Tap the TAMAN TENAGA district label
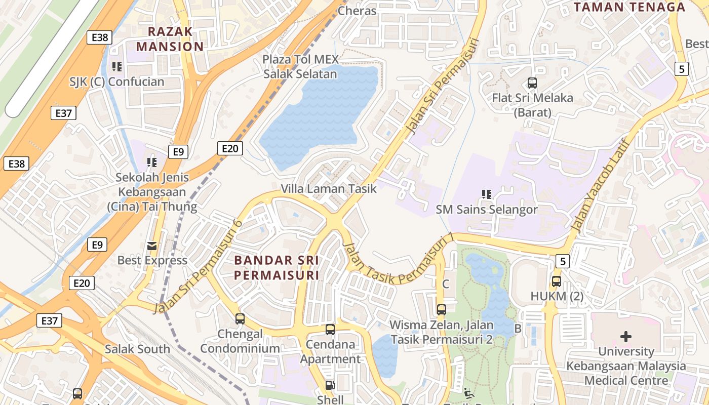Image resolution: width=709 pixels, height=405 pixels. (629, 7)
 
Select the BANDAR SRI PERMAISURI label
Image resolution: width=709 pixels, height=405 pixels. (277, 268)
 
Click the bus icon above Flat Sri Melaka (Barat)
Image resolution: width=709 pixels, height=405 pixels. (532, 83)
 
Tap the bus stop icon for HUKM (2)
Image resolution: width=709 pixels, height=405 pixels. (556, 281)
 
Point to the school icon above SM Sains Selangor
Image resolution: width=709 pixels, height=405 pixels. (487, 194)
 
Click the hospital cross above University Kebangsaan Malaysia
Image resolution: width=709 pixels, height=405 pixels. (626, 336)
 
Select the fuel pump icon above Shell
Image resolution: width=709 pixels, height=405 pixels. (330, 385)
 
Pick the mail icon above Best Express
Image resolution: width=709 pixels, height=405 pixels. (152, 246)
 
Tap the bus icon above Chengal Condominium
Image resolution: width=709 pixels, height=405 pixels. (240, 319)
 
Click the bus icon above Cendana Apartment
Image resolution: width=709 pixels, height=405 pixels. (330, 330)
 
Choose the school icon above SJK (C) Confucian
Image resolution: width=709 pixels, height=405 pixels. (117, 66)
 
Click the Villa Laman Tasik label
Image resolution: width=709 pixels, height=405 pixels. (329, 189)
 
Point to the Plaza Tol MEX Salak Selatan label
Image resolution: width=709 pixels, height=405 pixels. (300, 66)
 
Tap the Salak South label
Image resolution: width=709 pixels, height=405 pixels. (137, 349)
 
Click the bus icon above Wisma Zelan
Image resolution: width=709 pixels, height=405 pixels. (441, 309)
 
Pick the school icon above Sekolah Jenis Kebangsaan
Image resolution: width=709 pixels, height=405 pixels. (152, 162)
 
